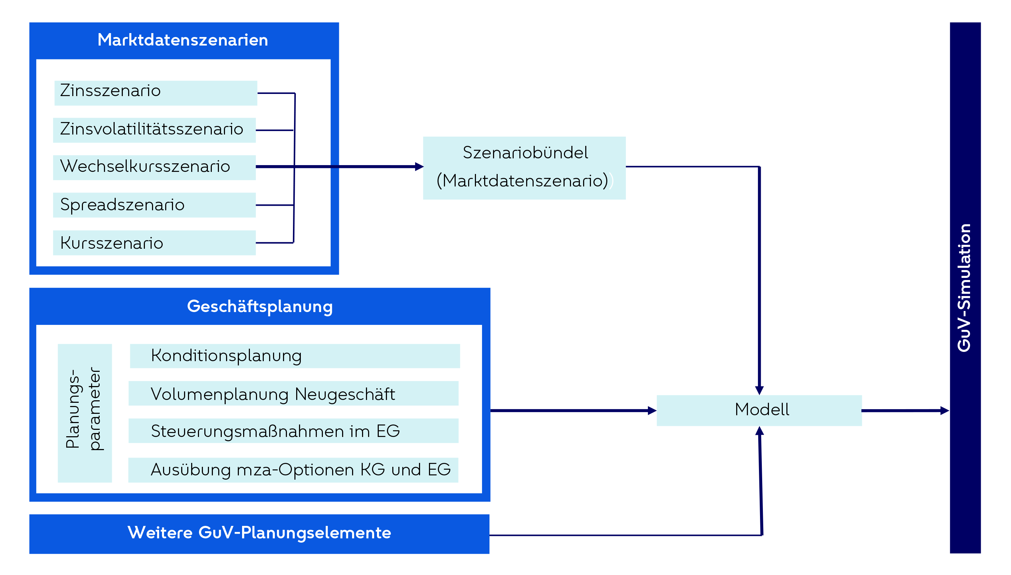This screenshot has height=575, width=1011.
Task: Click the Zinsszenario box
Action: [x=156, y=93]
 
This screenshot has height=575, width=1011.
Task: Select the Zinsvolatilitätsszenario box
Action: [x=154, y=130]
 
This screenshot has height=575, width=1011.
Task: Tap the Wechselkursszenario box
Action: [x=154, y=168]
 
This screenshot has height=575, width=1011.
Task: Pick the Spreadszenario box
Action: [x=154, y=205]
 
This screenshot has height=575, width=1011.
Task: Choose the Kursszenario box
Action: [x=154, y=242]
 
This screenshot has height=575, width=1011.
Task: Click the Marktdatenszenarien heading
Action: [x=183, y=40]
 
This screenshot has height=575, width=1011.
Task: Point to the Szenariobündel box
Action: [x=524, y=168]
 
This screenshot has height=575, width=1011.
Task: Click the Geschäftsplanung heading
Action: [x=260, y=306]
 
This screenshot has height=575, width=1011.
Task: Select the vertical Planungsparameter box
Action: [x=84, y=413]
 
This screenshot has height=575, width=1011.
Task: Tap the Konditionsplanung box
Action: [x=294, y=356]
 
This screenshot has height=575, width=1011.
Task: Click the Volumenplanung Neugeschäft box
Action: [x=293, y=393]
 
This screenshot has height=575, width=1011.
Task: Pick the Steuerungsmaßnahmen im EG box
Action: [x=293, y=431]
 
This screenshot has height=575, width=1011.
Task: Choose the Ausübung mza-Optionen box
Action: [x=293, y=470]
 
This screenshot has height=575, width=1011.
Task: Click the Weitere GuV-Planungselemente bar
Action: [x=259, y=533]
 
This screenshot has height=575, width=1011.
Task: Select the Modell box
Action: [x=759, y=410]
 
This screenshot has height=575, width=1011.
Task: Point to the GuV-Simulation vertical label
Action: [x=964, y=287]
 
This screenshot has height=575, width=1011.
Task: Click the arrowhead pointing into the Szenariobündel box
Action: [x=419, y=167]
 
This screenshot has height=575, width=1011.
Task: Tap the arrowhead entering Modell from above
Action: [x=759, y=390]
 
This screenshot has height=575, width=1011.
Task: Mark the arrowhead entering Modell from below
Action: [x=759, y=431]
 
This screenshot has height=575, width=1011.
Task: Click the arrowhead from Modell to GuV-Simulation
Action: [x=944, y=411]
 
